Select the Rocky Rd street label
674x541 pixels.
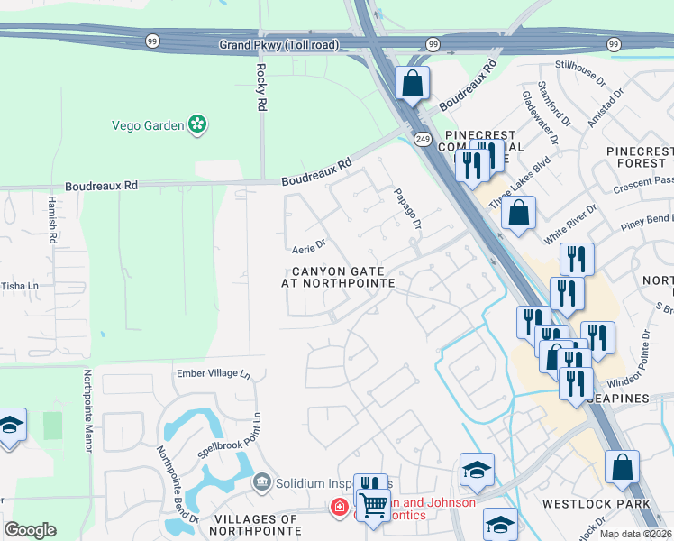click(x=261, y=87)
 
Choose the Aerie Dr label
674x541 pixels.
click(x=308, y=244)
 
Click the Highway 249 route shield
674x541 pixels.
click(x=423, y=138)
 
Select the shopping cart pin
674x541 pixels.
click(x=372, y=504)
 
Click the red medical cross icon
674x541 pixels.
click(x=339, y=508)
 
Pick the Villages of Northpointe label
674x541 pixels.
click(x=256, y=526)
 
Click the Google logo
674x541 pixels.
click(x=30, y=529)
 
